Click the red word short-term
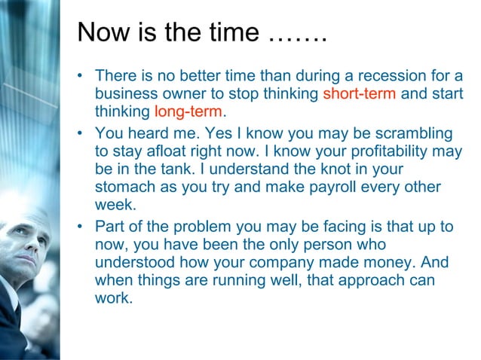click(359, 95)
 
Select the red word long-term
click(188, 112)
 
